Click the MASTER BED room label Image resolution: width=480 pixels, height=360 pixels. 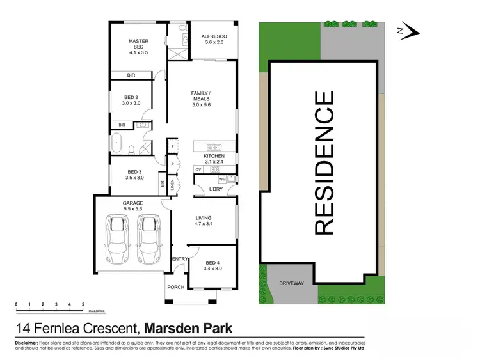point(138,43)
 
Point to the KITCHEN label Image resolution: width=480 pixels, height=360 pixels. point(214,156)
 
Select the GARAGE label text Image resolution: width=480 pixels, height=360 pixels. point(133,203)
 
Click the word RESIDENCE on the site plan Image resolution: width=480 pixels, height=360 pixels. point(324,163)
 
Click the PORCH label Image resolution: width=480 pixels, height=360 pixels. point(176,287)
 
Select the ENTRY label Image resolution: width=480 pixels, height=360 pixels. point(180,258)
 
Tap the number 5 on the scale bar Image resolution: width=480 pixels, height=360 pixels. point(83,304)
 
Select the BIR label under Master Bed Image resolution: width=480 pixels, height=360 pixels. point(131,75)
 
